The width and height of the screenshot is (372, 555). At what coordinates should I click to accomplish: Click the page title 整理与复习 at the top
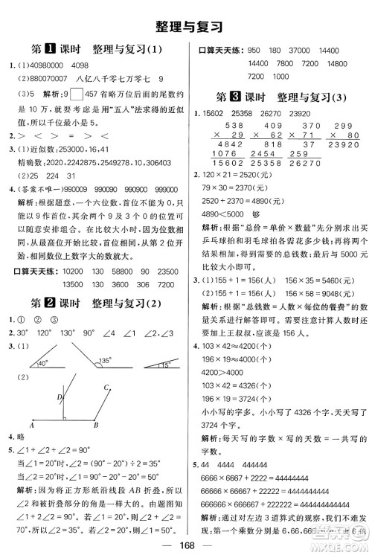click(186, 26)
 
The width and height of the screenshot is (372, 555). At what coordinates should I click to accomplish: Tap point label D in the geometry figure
click(60, 400)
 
